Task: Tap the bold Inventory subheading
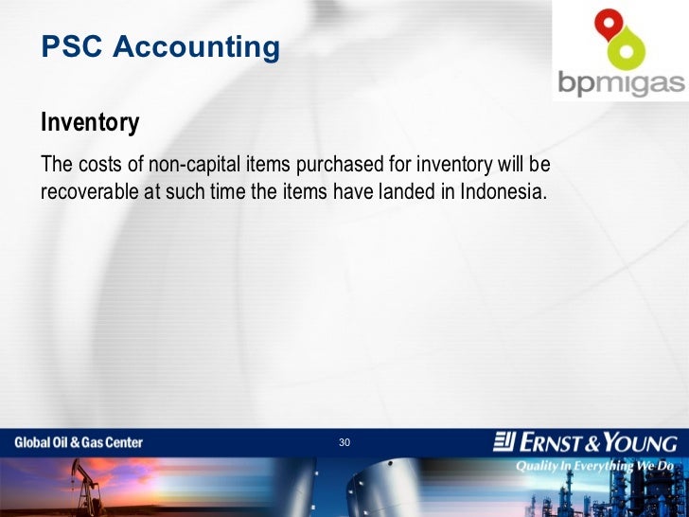[x=90, y=123]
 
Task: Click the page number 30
[x=344, y=443]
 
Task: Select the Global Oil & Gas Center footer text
[x=79, y=442]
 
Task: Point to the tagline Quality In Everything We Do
[x=593, y=466]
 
